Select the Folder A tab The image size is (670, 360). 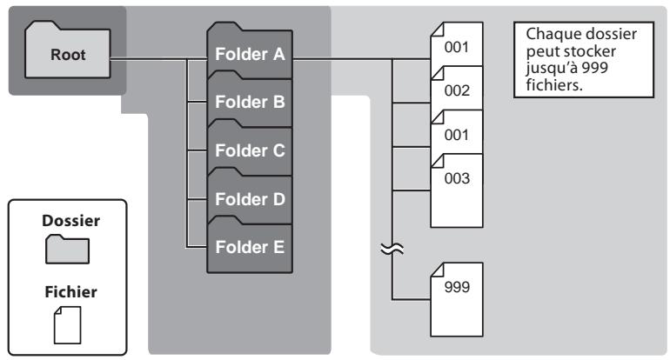249,56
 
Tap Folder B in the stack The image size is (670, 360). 249,103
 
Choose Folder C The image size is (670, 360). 249,149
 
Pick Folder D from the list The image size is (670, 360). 249,198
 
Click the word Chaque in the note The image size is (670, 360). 547,32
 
